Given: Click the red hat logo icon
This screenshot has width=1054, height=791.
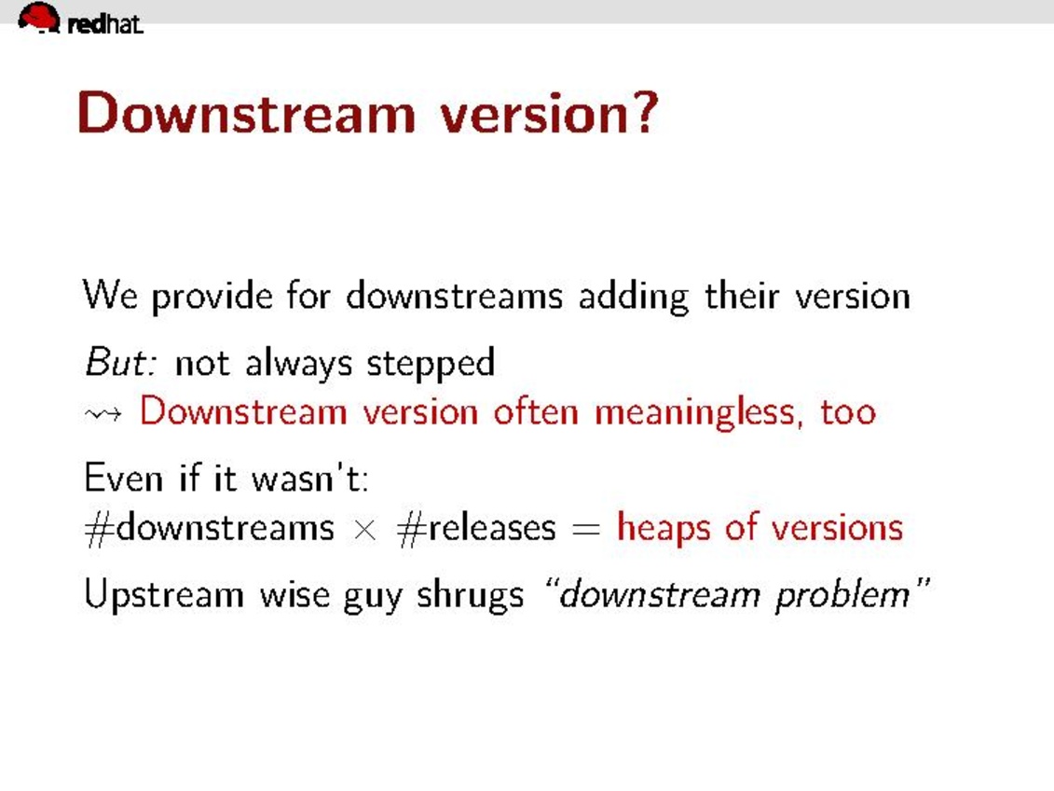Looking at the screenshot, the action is pyautogui.click(x=39, y=18).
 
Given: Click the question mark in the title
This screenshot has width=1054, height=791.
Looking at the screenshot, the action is pyautogui.click(x=645, y=112).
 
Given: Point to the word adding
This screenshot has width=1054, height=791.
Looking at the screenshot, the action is pyautogui.click(x=634, y=296).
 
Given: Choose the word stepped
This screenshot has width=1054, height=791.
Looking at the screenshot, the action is pyautogui.click(x=431, y=364).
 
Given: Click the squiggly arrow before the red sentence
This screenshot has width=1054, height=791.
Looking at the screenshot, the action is pyautogui.click(x=103, y=413).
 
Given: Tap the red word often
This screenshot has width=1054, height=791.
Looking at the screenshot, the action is pyautogui.click(x=536, y=410).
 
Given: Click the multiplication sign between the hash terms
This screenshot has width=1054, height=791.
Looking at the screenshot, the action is pyautogui.click(x=365, y=529).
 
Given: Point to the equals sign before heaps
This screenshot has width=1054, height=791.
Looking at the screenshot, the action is pyautogui.click(x=585, y=529).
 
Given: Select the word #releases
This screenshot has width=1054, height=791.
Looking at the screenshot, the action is pyautogui.click(x=476, y=527).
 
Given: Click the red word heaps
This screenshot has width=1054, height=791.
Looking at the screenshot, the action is pyautogui.click(x=664, y=529).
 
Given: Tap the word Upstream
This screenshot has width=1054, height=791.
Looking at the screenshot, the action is pyautogui.click(x=164, y=595).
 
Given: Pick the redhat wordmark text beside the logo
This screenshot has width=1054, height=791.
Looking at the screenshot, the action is pyautogui.click(x=105, y=24).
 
